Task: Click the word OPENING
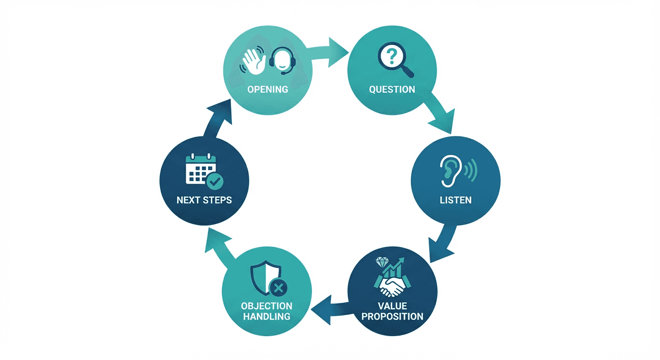[x=268, y=89]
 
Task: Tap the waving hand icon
[x=253, y=61]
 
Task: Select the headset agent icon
[x=283, y=61]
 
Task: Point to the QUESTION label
[x=392, y=89]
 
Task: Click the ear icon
[x=450, y=171]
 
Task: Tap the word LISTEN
[x=456, y=200]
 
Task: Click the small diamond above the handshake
[x=382, y=262]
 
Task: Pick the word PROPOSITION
[x=392, y=316]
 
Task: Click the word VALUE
[x=392, y=306]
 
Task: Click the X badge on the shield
[x=278, y=288]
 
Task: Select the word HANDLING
[x=267, y=316]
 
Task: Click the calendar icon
[x=201, y=169]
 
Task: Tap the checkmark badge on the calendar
[x=215, y=181]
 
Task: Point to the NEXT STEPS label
[x=204, y=200]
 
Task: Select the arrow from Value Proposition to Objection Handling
[x=331, y=310]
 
